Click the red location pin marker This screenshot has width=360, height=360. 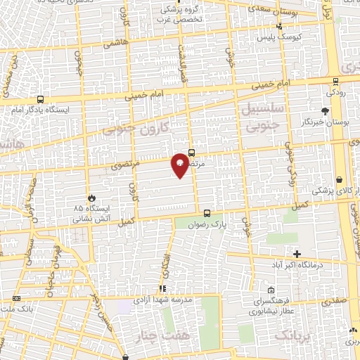point(180,164)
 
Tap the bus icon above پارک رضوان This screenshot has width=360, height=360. point(207,212)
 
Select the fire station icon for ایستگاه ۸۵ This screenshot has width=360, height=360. point(89,198)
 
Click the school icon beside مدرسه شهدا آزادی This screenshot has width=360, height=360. point(162,288)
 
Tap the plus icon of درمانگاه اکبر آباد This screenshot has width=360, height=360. point(297,254)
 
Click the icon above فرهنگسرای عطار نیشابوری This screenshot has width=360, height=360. point(271,290)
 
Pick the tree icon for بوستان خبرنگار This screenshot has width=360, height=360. point(324,111)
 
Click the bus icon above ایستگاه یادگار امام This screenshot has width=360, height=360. point(39,100)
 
